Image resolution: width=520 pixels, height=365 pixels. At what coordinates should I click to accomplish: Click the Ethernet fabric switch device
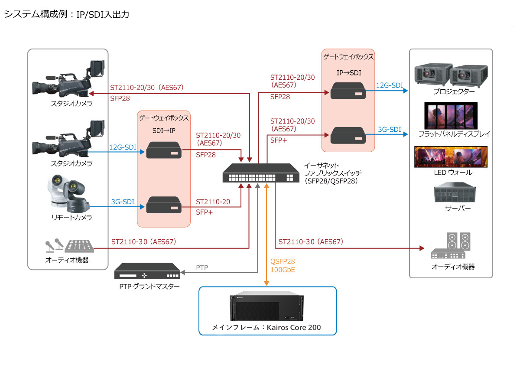[258, 173]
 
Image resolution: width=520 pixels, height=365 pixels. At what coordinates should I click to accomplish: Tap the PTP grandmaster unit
[147, 271]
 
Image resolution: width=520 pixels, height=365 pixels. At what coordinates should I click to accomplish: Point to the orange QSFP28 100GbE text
[283, 266]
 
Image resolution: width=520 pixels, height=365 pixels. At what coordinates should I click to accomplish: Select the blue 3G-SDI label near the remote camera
[122, 202]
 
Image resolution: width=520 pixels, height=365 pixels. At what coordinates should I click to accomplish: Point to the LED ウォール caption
[453, 173]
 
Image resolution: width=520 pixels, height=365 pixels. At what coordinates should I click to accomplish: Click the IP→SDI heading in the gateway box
[348, 71]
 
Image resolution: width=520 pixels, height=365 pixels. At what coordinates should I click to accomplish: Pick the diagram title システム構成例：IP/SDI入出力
[66, 14]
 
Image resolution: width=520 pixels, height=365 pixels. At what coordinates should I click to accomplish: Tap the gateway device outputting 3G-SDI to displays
[348, 135]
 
